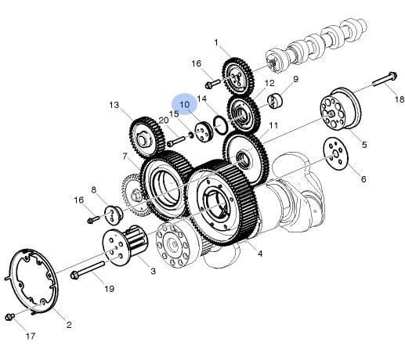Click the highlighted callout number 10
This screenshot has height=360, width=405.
point(184,105)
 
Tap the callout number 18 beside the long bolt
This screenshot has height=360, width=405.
point(400,99)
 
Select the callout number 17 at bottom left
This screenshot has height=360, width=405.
point(31,336)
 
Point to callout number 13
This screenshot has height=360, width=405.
point(114,105)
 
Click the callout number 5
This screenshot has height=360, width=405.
point(364,145)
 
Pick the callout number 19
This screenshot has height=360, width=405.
point(110,289)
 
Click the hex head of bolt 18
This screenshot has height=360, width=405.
point(392,76)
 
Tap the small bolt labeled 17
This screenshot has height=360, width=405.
point(10,317)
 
